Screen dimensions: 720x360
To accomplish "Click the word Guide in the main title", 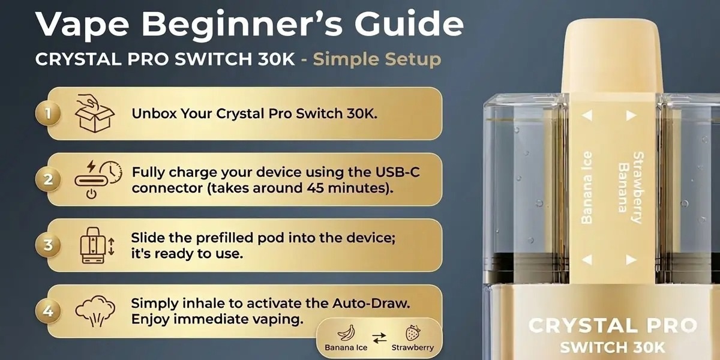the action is (x=409, y=24).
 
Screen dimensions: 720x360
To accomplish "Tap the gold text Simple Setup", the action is (x=377, y=59).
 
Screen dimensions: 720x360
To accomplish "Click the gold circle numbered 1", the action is (x=48, y=113).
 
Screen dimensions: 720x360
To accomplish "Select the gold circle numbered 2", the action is (x=48, y=179).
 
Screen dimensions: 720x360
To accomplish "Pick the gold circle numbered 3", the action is (x=48, y=245).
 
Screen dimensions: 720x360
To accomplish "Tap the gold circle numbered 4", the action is (x=48, y=311).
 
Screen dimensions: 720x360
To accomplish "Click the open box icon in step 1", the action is (x=95, y=113).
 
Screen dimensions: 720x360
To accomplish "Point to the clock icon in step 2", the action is (x=111, y=172).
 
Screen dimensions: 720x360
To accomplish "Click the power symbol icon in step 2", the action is (x=92, y=194).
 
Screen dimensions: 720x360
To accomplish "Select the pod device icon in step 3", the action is (x=93, y=245).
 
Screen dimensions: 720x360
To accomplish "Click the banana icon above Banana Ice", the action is (x=346, y=332).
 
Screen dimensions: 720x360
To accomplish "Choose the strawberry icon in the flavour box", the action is (x=413, y=332).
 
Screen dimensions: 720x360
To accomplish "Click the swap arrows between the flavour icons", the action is (x=379, y=338).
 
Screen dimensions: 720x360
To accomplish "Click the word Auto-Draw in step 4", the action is (x=371, y=303).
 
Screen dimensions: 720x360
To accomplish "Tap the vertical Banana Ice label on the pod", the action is (x=587, y=187).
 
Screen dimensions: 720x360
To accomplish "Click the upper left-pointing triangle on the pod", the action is (x=587, y=115).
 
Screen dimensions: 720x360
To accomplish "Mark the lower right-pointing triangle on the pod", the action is (x=631, y=260).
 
